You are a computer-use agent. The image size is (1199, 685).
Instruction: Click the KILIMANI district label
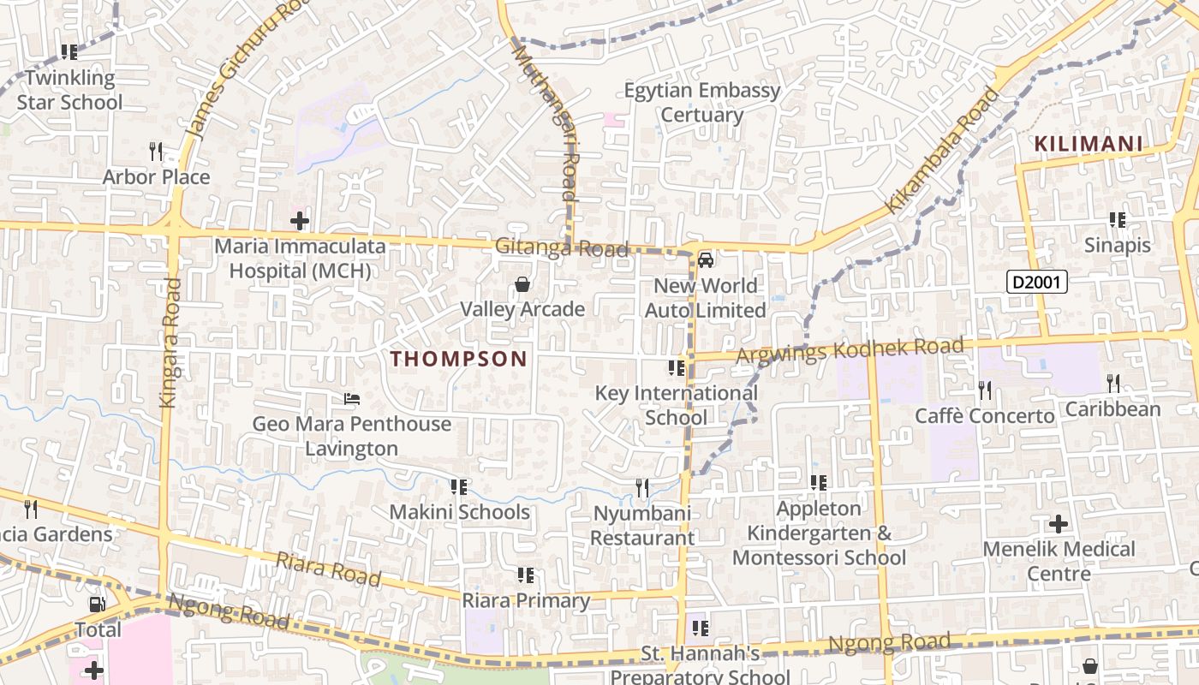(1089, 144)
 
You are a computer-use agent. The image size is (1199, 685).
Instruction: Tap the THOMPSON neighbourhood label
(459, 359)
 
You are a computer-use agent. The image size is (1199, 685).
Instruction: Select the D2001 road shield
(1036, 282)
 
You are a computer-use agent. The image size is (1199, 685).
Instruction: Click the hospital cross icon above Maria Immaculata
(299, 222)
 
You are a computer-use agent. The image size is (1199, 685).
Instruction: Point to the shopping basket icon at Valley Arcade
(522, 284)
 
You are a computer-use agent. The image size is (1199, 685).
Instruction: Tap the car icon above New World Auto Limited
(706, 260)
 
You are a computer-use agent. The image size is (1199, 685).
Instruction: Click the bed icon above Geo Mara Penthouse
(351, 399)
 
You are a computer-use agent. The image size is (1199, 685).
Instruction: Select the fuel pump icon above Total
(98, 605)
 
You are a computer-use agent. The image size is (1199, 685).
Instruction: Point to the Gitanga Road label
(562, 248)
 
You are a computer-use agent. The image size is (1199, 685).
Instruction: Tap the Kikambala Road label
(942, 150)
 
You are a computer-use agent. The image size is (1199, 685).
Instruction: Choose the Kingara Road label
(169, 342)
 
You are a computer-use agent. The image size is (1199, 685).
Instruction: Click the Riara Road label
(328, 569)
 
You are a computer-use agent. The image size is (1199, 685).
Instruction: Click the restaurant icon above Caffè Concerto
(985, 390)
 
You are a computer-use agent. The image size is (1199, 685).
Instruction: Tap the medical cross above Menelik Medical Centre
(1059, 523)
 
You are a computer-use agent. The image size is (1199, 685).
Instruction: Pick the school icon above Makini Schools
(459, 487)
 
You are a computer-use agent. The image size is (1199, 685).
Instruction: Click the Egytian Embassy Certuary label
(702, 102)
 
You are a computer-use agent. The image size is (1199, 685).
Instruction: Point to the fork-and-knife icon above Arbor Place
(155, 152)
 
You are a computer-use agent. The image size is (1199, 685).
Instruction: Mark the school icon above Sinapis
(1117, 220)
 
